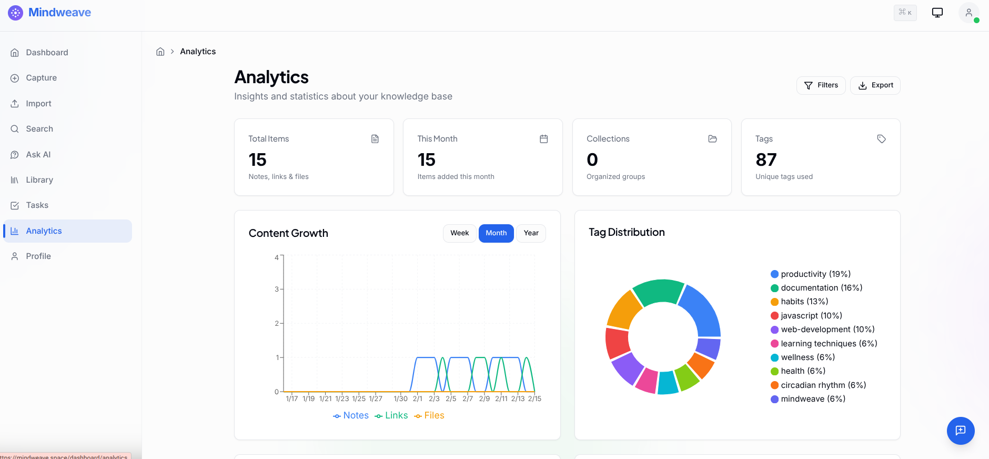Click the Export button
(875, 85)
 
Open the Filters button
(821, 85)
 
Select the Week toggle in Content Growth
(459, 233)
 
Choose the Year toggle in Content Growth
(531, 233)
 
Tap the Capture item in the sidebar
(41, 78)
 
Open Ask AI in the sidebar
(38, 155)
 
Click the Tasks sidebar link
(37, 205)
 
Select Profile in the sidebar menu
(38, 256)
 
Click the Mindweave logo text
(59, 13)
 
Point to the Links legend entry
(391, 415)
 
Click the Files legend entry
(429, 415)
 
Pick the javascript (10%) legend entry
(811, 316)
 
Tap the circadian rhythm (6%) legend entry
(823, 385)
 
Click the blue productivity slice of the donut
(701, 310)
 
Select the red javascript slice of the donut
(617, 343)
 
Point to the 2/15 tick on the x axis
(534, 398)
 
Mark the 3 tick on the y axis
(277, 289)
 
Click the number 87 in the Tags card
(766, 159)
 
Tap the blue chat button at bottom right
(961, 431)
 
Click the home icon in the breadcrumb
(160, 52)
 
